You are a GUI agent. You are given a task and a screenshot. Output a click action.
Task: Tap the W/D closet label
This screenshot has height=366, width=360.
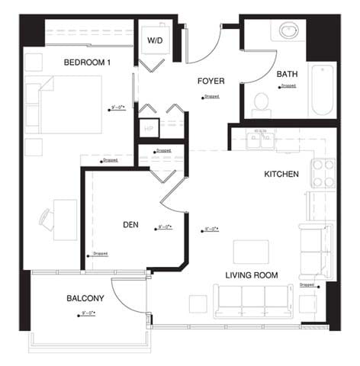(155, 40)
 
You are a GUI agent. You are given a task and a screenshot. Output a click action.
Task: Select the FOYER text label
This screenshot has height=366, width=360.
(211, 80)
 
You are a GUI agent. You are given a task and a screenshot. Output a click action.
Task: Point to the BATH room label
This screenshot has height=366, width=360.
(287, 74)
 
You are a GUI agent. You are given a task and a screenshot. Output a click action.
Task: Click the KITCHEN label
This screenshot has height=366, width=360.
(281, 174)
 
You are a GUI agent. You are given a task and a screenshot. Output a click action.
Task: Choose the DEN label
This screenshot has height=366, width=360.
(130, 225)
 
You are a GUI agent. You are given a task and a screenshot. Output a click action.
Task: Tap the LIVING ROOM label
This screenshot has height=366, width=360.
(251, 274)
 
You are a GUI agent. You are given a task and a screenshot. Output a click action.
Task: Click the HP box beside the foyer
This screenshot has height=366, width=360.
(148, 128)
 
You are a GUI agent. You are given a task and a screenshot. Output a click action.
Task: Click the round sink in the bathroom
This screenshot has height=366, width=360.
(289, 31)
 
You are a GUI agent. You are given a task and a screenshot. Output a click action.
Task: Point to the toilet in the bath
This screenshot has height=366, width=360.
(262, 101)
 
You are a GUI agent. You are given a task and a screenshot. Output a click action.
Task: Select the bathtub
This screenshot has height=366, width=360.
(322, 90)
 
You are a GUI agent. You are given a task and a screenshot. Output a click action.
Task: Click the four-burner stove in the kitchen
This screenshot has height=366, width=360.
(323, 172)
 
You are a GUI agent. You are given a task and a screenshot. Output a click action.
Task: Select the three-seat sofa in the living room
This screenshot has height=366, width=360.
(252, 302)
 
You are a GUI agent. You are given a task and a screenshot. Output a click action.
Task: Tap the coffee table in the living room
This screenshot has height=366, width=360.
(251, 251)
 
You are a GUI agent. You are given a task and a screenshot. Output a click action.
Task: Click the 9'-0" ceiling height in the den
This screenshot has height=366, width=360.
(163, 226)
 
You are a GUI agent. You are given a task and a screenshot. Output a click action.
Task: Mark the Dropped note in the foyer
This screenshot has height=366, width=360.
(211, 97)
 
